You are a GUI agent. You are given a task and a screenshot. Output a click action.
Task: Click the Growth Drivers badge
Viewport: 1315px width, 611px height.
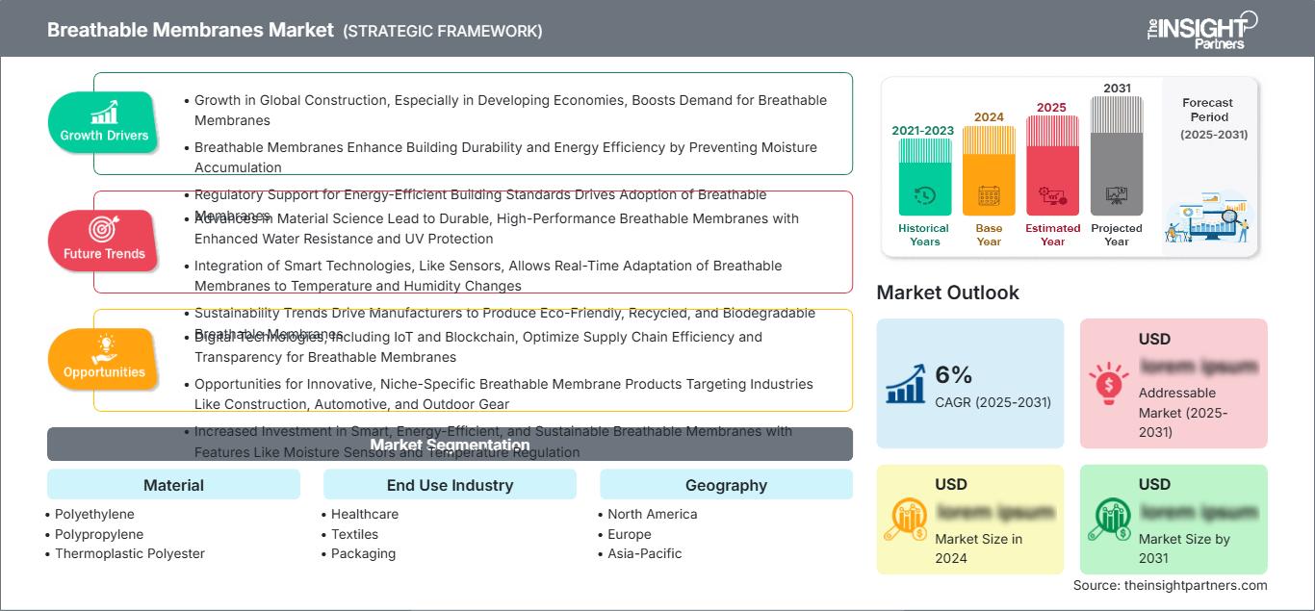(104, 122)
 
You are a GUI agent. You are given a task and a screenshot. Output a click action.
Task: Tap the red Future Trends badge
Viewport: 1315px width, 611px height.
(103, 241)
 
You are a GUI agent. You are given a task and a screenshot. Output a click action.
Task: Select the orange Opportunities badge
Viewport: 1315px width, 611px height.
(103, 359)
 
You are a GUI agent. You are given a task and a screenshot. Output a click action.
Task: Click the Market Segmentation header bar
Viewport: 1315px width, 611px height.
(450, 445)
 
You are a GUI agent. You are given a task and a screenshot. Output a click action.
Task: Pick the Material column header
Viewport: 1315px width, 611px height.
(173, 485)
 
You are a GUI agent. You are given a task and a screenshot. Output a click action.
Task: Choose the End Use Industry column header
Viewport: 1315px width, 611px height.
(450, 485)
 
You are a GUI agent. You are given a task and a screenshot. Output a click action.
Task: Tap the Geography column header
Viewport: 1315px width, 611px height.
(726, 485)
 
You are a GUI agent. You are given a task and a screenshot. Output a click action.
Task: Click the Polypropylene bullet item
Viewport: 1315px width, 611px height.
(99, 534)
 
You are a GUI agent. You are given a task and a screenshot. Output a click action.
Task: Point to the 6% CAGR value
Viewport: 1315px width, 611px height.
(954, 374)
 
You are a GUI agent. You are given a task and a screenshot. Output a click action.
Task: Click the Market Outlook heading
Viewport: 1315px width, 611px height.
(947, 293)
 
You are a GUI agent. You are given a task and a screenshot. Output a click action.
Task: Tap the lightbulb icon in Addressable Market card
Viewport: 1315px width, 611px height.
(1109, 382)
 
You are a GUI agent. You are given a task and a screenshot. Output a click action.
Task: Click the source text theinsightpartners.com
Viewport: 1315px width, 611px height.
(1170, 585)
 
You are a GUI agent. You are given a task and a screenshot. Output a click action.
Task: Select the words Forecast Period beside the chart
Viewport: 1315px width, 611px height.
(1207, 110)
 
